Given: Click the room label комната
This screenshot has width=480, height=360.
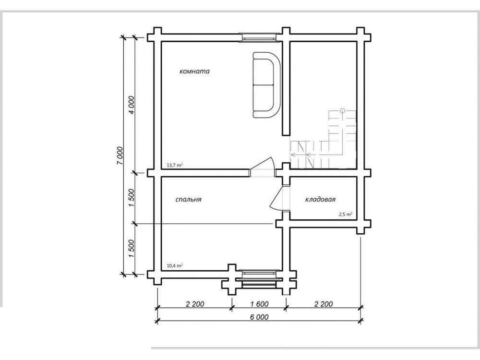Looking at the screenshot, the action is click(x=194, y=72).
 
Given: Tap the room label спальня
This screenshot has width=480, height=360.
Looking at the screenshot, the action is click(x=188, y=199).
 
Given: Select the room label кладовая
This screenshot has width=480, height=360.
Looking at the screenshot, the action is click(x=320, y=199).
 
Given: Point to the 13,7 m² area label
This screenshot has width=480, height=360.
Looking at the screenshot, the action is click(x=175, y=165).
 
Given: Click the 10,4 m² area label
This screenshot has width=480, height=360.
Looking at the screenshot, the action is click(x=175, y=266).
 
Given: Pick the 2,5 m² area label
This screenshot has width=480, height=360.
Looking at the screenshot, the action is click(x=345, y=214).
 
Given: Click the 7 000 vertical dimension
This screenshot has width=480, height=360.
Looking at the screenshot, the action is click(x=120, y=156).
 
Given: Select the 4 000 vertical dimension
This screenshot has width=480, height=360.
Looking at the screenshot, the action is click(x=132, y=105).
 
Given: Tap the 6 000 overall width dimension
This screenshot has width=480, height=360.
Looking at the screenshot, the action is click(x=259, y=317).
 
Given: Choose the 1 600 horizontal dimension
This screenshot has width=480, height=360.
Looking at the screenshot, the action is click(x=259, y=304).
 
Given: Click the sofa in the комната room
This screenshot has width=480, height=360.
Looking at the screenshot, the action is click(x=266, y=85).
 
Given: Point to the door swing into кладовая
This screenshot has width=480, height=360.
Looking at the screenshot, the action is click(x=276, y=199).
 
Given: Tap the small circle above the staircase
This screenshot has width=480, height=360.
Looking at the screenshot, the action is click(x=342, y=110).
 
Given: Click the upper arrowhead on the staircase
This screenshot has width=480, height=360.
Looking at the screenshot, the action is click(x=293, y=154).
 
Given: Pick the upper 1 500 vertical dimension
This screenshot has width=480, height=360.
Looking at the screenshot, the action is click(x=132, y=198).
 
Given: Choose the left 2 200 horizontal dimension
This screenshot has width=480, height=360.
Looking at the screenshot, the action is click(x=195, y=304).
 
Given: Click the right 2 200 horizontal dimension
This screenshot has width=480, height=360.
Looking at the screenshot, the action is click(x=323, y=304).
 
